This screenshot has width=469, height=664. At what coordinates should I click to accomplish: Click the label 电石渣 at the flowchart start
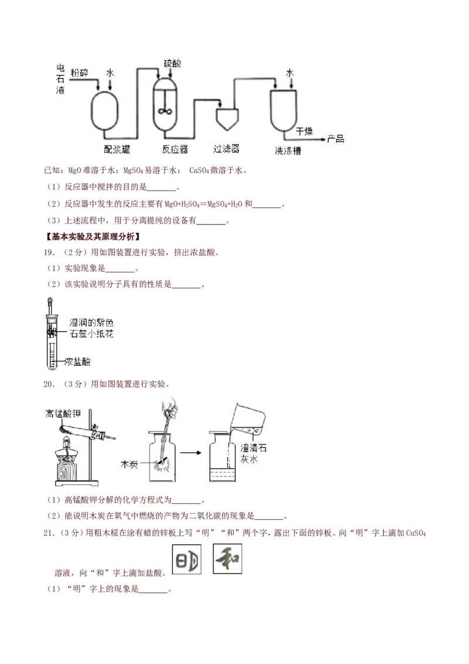tap(59, 79)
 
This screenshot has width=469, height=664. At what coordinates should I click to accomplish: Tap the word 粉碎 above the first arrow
tap(79, 73)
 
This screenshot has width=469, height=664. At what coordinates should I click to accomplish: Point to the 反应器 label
tap(175, 149)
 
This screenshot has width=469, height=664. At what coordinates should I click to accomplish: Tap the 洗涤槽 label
tap(288, 150)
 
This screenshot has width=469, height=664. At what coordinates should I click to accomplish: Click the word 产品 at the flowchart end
tap(336, 139)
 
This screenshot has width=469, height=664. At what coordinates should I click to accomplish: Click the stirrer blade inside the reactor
tap(165, 111)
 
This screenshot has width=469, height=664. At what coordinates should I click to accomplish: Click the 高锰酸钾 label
tap(63, 414)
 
